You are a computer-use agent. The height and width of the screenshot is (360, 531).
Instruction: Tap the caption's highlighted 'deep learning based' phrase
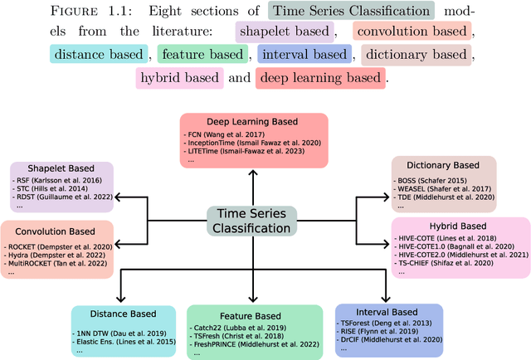(321, 79)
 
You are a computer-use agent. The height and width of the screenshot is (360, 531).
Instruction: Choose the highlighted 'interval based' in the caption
(304, 56)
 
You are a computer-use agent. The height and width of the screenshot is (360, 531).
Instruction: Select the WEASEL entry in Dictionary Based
(443, 189)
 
